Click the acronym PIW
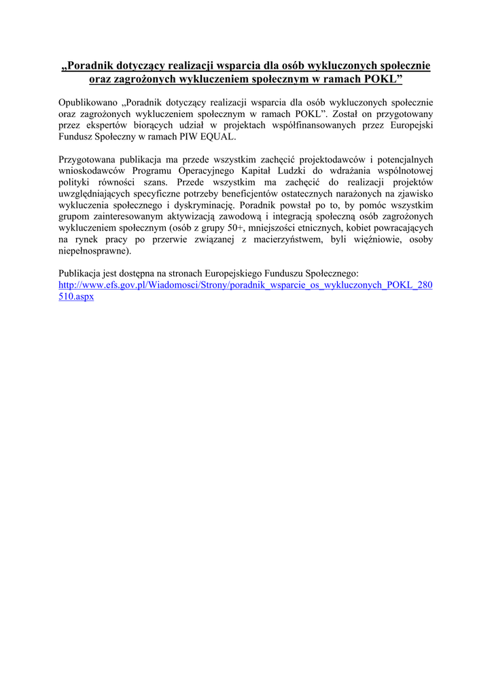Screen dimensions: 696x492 [189, 137]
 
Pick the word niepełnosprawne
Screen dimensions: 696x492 [93, 251]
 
